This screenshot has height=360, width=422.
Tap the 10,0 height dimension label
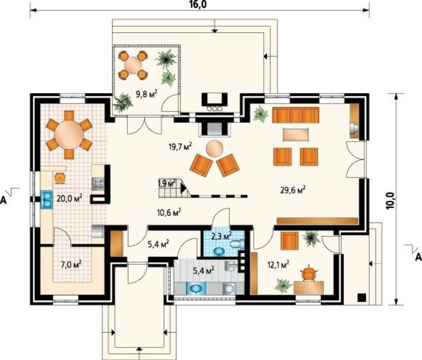391,201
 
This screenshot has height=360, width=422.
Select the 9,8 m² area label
146,94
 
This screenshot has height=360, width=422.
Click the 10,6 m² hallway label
169,212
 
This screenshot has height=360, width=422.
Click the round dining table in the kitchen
69,134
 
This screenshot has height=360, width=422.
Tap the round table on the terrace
133,65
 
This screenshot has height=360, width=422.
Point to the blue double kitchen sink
47,199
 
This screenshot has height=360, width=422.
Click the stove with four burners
98,184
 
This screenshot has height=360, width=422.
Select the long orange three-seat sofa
295,115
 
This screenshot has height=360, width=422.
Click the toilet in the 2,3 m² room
237,244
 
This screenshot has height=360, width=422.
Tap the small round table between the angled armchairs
214,149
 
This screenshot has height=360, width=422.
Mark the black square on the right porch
362,297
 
